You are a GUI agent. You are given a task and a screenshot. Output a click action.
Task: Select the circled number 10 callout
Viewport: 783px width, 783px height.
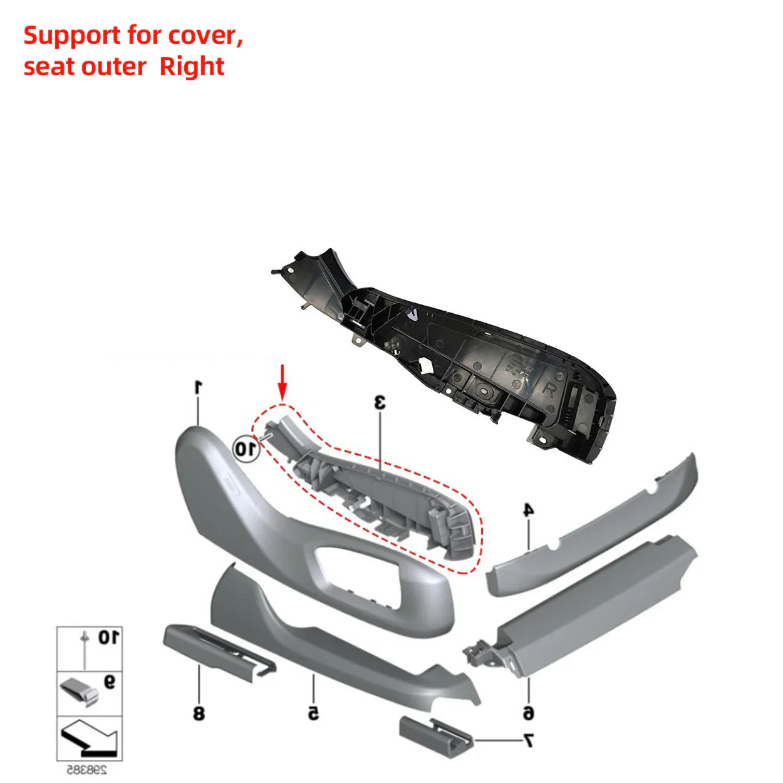coord(246,449)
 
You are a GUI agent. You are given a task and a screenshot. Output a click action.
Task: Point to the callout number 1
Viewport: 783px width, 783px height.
coord(198,387)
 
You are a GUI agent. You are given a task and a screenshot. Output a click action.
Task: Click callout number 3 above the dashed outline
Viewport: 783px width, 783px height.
coord(380,402)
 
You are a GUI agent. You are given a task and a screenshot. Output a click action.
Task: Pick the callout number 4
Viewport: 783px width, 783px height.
coord(529,510)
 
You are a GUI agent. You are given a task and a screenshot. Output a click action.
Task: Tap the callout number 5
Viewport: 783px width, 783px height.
coord(313,712)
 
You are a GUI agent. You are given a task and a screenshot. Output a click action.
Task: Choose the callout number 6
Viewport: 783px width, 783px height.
coord(528,712)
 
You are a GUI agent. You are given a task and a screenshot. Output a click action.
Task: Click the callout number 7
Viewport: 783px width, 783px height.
coord(528,741)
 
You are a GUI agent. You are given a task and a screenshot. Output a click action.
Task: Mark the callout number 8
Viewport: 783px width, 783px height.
coord(199,712)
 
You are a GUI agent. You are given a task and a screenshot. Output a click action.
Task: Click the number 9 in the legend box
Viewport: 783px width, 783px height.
coord(110,682)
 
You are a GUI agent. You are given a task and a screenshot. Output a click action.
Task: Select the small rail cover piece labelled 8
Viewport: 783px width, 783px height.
coord(216,651)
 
